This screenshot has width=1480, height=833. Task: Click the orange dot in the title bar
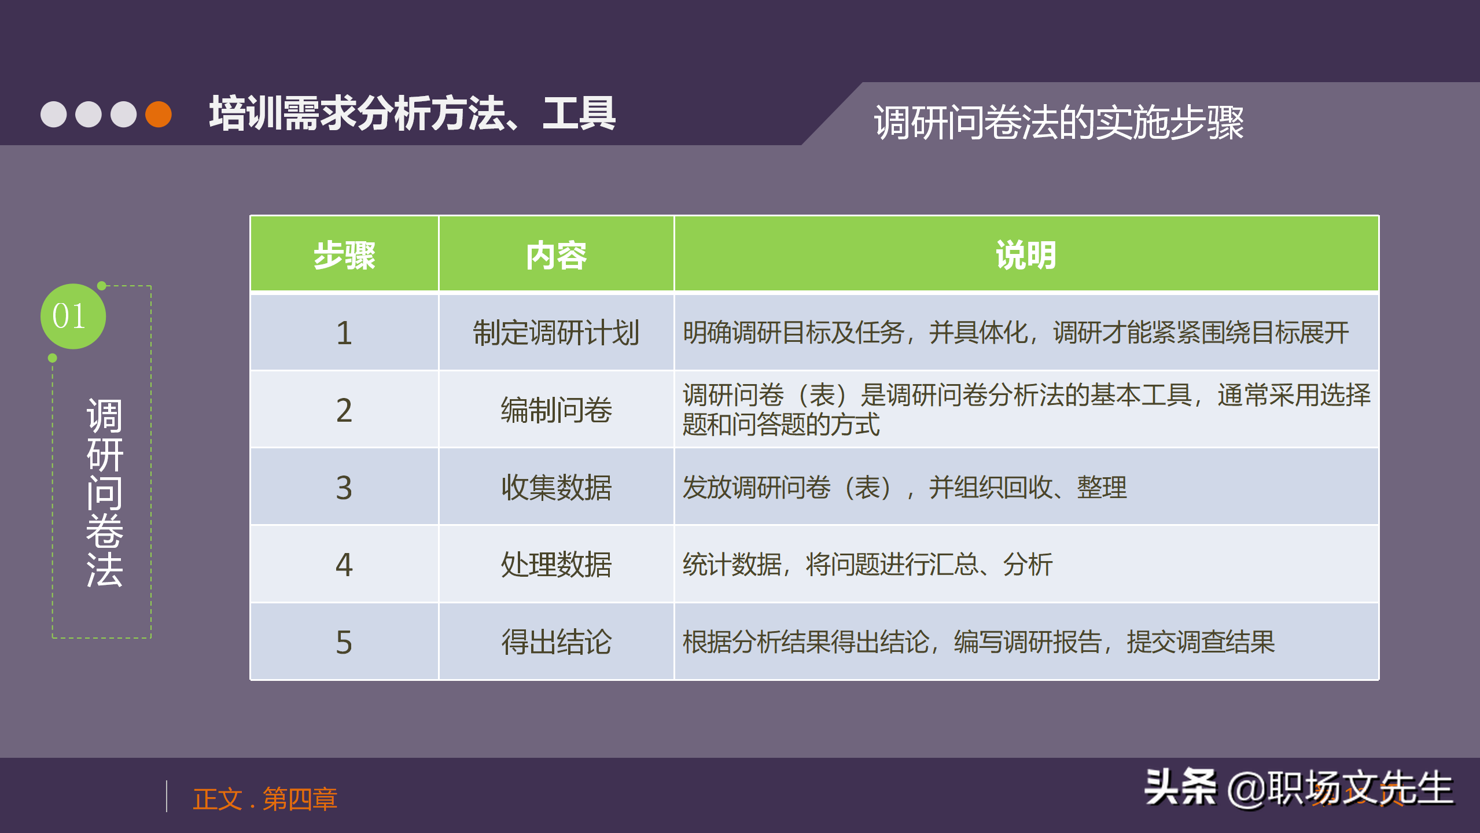[159, 114]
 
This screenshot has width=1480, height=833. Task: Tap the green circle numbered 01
[73, 316]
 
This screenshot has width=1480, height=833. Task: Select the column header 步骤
[344, 255]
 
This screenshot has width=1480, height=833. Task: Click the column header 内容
[556, 255]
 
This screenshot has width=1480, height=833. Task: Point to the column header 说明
[1026, 255]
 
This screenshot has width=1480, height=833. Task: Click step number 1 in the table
[344, 333]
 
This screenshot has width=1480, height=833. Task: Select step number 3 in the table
[344, 488]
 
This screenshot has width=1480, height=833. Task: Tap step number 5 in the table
[344, 642]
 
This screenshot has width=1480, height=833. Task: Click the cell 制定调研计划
[556, 333]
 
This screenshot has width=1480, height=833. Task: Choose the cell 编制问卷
[556, 410]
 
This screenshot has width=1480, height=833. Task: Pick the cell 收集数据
[556, 488]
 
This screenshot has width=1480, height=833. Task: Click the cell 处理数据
[556, 565]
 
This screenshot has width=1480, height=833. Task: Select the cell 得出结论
[556, 642]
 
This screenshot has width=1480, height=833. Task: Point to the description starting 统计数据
[867, 565]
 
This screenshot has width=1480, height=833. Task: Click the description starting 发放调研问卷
[904, 488]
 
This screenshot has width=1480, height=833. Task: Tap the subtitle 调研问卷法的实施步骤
[1058, 123]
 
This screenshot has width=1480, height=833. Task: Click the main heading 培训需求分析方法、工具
[413, 114]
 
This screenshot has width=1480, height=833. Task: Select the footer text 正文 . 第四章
[265, 799]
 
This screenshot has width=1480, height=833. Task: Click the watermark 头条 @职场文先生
[1298, 788]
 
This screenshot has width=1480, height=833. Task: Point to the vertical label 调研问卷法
[104, 492]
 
